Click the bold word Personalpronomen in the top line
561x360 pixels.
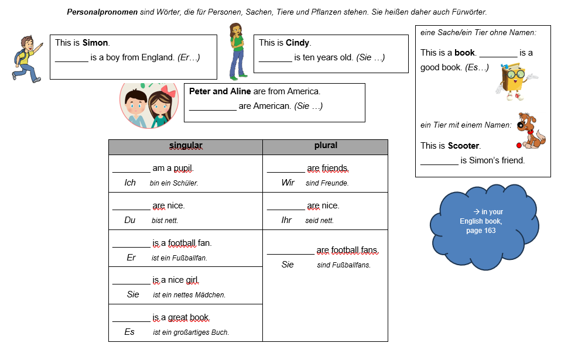click(102, 12)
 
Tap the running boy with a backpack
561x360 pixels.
click(26, 59)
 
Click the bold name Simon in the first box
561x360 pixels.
click(95, 43)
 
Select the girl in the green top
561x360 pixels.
click(236, 51)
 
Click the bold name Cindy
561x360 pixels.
click(298, 43)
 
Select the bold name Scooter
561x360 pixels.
click(464, 145)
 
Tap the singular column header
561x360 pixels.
click(186, 146)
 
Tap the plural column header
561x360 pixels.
click(326, 145)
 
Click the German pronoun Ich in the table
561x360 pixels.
click(130, 183)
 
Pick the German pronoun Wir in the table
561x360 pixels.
click(288, 183)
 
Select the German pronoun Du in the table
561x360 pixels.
click(130, 220)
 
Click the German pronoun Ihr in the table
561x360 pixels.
click(286, 220)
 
